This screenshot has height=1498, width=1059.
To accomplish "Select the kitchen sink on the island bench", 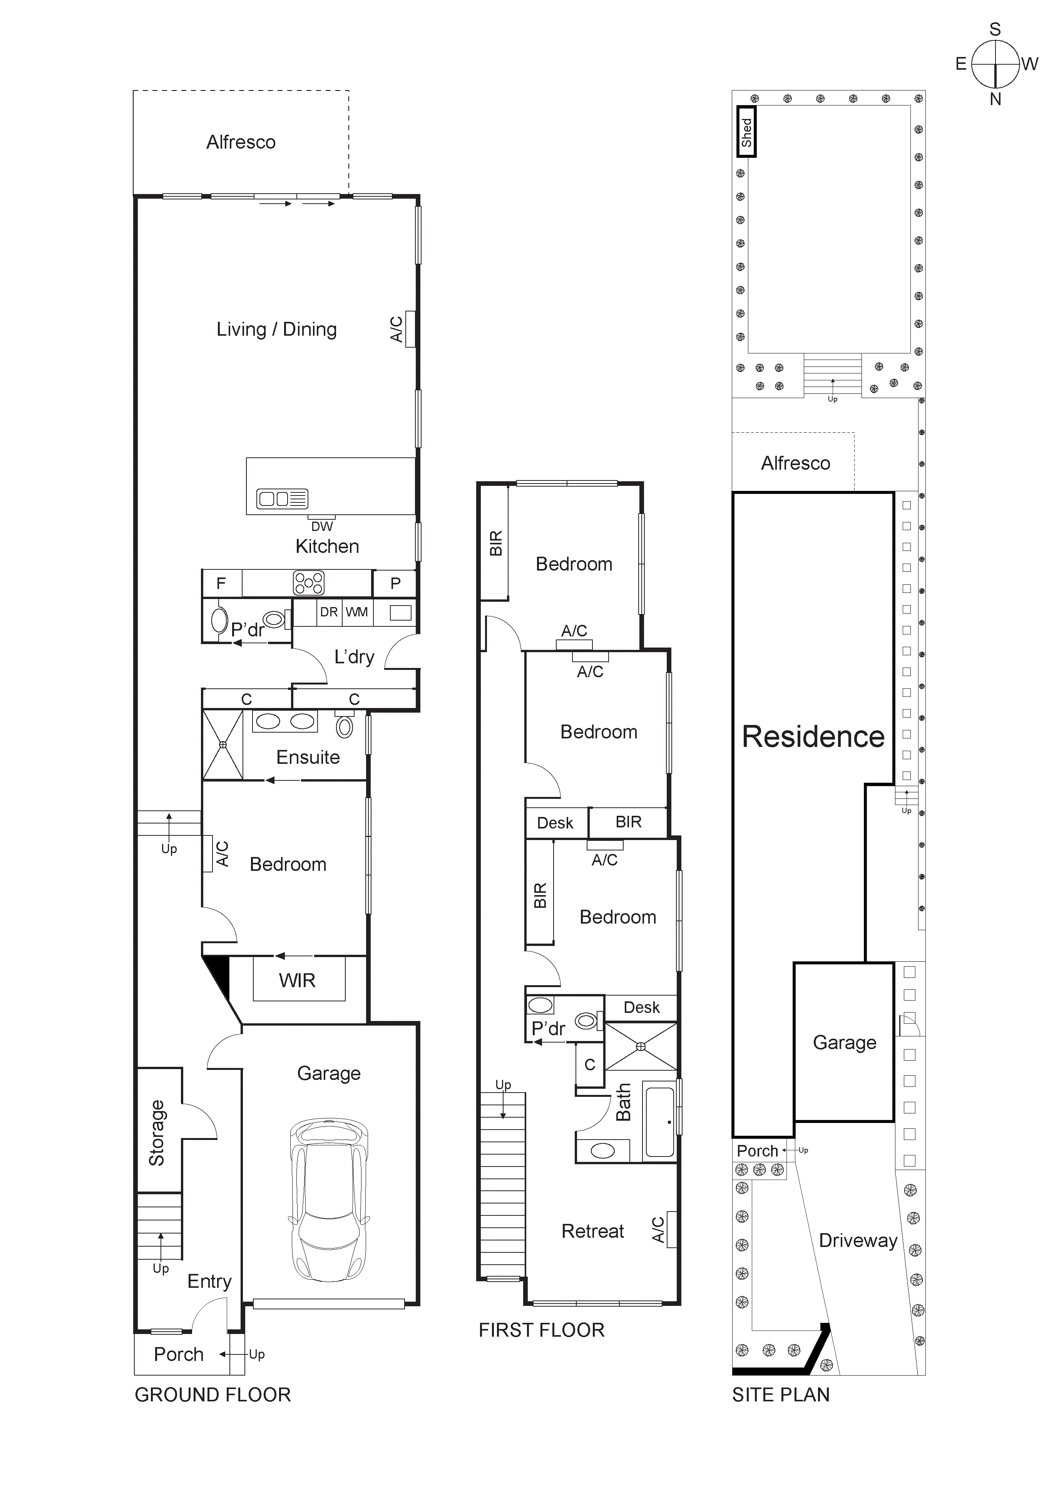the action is [282, 499].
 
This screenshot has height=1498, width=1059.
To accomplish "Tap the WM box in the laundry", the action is [357, 612].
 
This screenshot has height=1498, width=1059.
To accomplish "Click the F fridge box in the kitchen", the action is [221, 583].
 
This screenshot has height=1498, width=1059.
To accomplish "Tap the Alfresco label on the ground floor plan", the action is [241, 142].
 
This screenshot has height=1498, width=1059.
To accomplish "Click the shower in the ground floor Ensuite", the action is [223, 745].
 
